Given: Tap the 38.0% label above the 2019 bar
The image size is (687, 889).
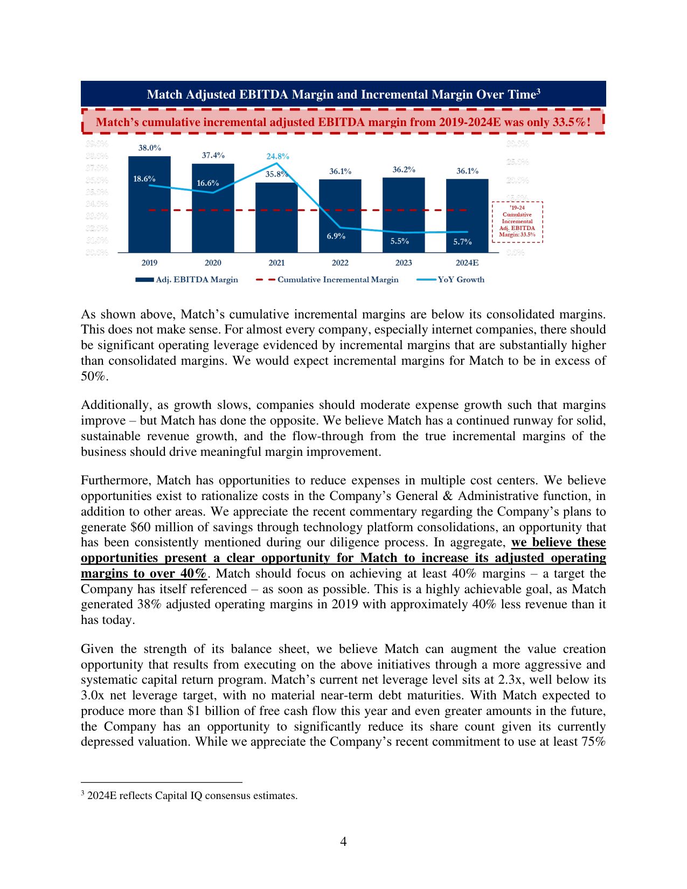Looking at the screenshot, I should pos(149,148).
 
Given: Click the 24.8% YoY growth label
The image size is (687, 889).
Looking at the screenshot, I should pos(277,156).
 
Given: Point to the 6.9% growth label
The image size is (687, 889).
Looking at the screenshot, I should pos(336,236).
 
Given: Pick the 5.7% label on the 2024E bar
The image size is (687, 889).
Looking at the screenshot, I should pos(462,242).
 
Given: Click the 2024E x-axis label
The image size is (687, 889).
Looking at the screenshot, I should pos(467,263).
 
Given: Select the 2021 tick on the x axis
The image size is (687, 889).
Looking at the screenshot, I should pos(276,263).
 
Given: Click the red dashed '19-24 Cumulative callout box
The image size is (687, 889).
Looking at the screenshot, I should pos(517,221).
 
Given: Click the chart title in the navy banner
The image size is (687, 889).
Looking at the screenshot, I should pos(343,94).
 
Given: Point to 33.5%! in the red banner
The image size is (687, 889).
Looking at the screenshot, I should pos(572,122).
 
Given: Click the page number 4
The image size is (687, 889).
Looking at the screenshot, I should pos(343,841).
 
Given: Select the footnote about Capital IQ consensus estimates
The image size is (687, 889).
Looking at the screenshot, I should pos(192,796).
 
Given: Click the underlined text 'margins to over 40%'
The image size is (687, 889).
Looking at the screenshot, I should pos(143,574).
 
